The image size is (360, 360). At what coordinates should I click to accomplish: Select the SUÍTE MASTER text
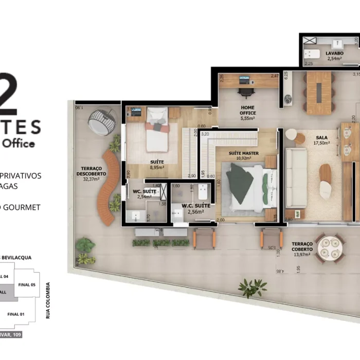(x=244, y=153)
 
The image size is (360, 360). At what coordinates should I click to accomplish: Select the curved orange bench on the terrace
(x=110, y=188)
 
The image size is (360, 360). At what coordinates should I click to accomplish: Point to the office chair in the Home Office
(x=246, y=92)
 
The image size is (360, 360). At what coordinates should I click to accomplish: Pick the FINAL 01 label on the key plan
(x=16, y=313)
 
